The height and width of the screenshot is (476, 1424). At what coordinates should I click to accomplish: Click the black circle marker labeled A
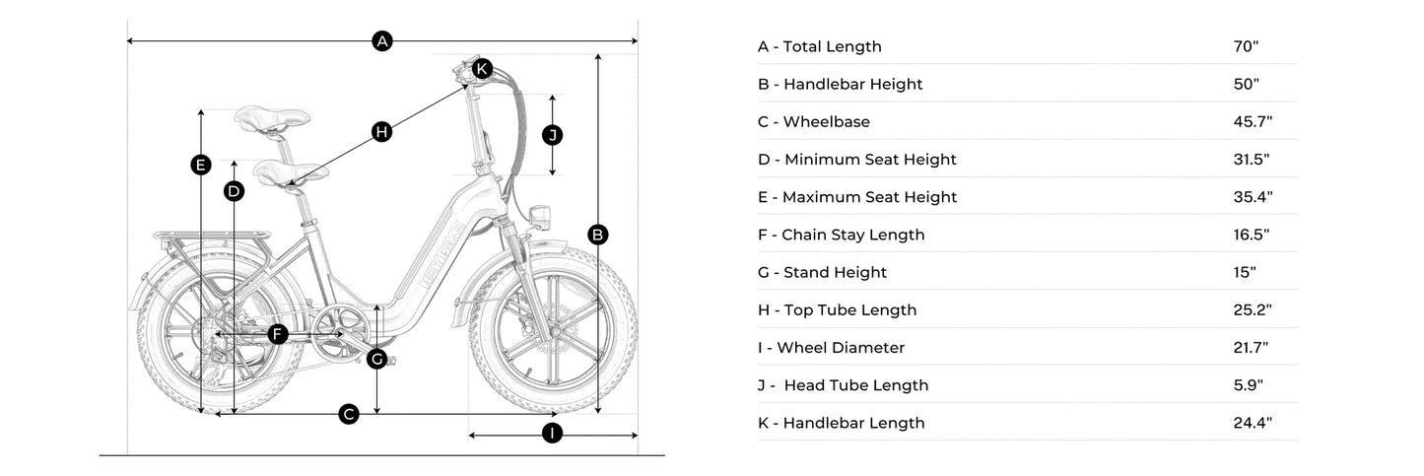pos(382,41)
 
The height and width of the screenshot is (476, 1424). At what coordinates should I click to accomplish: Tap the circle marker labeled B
pos(597,235)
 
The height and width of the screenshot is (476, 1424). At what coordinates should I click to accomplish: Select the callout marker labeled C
pos(348,414)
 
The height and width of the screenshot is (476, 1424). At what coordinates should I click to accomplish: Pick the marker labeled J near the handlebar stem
pos(552,135)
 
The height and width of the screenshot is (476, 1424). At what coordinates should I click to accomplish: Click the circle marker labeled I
pos(552,434)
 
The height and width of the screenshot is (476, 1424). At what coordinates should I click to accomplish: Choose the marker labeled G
pos(376,359)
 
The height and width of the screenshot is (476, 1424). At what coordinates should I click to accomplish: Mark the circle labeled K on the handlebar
pos(481,68)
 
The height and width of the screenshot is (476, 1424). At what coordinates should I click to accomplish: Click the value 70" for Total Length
pos(1246,46)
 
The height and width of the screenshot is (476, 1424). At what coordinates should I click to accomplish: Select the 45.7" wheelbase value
pos(1253,122)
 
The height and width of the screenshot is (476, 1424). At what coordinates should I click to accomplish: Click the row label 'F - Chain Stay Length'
pos(841,235)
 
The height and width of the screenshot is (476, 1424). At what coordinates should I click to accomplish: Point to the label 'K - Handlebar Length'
pos(841,423)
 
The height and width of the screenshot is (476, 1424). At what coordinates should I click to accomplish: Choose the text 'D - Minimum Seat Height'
pos(856,160)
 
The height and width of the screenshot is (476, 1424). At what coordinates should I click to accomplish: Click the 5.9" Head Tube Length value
pos(1248,385)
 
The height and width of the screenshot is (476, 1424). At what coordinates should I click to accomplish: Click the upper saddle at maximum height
pos(272,120)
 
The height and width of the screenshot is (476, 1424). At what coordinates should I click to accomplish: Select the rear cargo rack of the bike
pos(212,237)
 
